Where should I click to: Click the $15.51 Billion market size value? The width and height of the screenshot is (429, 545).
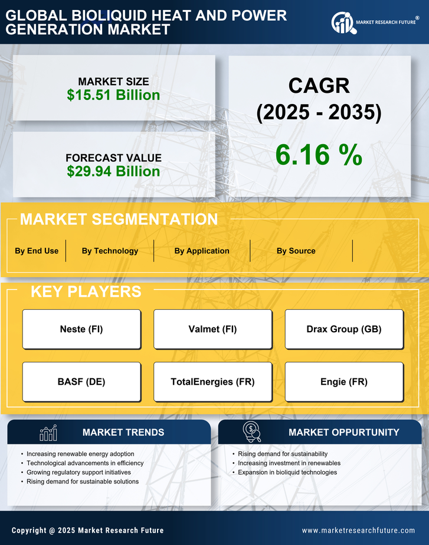tap(113, 95)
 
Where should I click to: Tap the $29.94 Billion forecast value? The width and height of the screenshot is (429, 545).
tap(113, 171)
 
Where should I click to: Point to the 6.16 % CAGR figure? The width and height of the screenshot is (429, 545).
tap(319, 155)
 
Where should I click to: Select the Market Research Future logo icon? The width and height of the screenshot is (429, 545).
tap(342, 23)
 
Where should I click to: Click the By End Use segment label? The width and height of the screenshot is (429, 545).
tap(37, 251)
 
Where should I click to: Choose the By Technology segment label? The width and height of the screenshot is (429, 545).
tap(110, 251)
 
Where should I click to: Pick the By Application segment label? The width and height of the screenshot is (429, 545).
tap(202, 251)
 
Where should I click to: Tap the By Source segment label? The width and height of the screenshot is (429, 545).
tap(296, 251)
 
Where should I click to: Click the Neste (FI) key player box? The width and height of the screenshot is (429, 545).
tap(81, 329)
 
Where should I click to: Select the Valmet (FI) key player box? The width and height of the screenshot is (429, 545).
tap(212, 329)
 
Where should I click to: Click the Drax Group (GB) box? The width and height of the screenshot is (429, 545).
tap(344, 329)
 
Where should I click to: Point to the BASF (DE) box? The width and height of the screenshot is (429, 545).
tap(81, 382)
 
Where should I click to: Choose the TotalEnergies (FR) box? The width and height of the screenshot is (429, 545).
tap(212, 382)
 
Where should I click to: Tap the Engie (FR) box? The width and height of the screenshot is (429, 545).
tap(344, 382)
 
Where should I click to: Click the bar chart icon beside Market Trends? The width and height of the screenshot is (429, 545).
tap(48, 433)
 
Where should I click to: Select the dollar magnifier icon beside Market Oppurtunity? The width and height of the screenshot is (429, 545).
tap(252, 432)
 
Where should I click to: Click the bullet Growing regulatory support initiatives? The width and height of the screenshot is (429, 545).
tap(79, 472)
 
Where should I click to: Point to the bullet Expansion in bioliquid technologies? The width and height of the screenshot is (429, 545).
tap(287, 472)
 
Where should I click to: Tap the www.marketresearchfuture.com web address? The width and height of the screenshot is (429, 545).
tap(358, 530)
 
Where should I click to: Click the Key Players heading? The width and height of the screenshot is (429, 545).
tap(86, 291)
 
